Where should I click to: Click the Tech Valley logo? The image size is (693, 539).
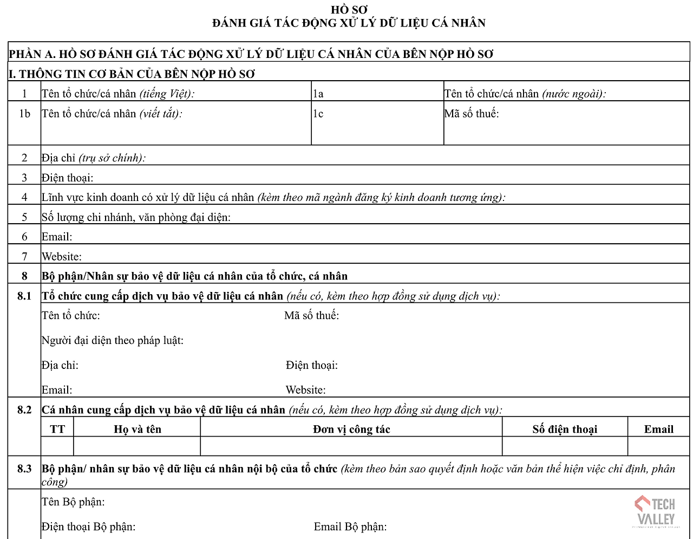tap(656, 511)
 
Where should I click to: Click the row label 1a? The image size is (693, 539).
tap(318, 94)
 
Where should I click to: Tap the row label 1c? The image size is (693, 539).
tap(318, 114)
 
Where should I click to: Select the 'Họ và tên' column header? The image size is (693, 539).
tap(138, 429)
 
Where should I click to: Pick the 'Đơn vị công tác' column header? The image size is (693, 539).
tap(351, 429)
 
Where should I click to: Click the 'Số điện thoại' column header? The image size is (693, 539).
tap(565, 429)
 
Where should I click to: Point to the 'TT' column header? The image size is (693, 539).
tap(57, 429)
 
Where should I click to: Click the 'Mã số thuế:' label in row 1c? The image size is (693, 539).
tap(472, 114)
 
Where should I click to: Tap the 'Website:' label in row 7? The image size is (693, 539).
tap(62, 257)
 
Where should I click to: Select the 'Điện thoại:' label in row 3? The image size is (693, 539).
tap(68, 178)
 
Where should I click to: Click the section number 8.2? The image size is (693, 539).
tap(24, 410)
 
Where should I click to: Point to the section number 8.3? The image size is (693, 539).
tap(24, 469)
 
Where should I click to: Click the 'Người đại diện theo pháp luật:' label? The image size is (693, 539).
tap(113, 340)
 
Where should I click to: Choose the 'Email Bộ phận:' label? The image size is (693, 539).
tap(350, 527)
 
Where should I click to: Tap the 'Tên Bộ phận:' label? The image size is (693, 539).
tap(73, 502)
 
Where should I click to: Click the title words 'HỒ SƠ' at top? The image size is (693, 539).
tap(349, 10)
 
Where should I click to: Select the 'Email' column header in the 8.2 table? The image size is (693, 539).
tap(659, 429)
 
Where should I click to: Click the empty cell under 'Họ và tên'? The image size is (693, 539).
tap(138, 446)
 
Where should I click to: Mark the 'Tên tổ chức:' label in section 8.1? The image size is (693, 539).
tap(71, 315)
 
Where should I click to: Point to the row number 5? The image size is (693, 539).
tap(24, 217)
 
